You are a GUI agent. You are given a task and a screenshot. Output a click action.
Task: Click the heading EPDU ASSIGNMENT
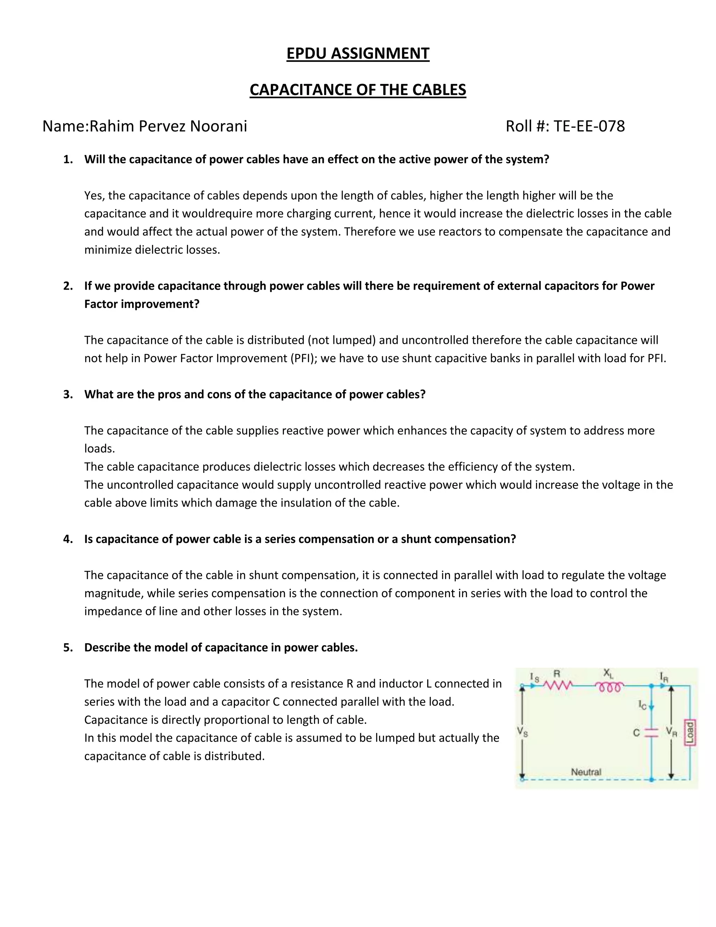358,54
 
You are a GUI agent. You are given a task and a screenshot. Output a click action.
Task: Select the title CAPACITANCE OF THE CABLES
358,90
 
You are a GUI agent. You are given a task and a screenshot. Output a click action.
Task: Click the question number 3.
67,394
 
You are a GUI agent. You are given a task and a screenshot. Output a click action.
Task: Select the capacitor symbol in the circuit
651,732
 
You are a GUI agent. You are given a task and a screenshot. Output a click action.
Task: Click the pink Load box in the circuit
690,733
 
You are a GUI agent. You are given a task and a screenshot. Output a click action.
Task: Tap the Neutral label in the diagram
586,772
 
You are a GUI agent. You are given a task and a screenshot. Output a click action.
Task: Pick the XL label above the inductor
608,673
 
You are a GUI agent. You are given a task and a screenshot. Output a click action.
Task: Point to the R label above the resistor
557,673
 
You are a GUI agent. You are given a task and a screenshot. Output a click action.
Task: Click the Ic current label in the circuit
642,705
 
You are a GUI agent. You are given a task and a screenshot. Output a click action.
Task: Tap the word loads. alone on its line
99,449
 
